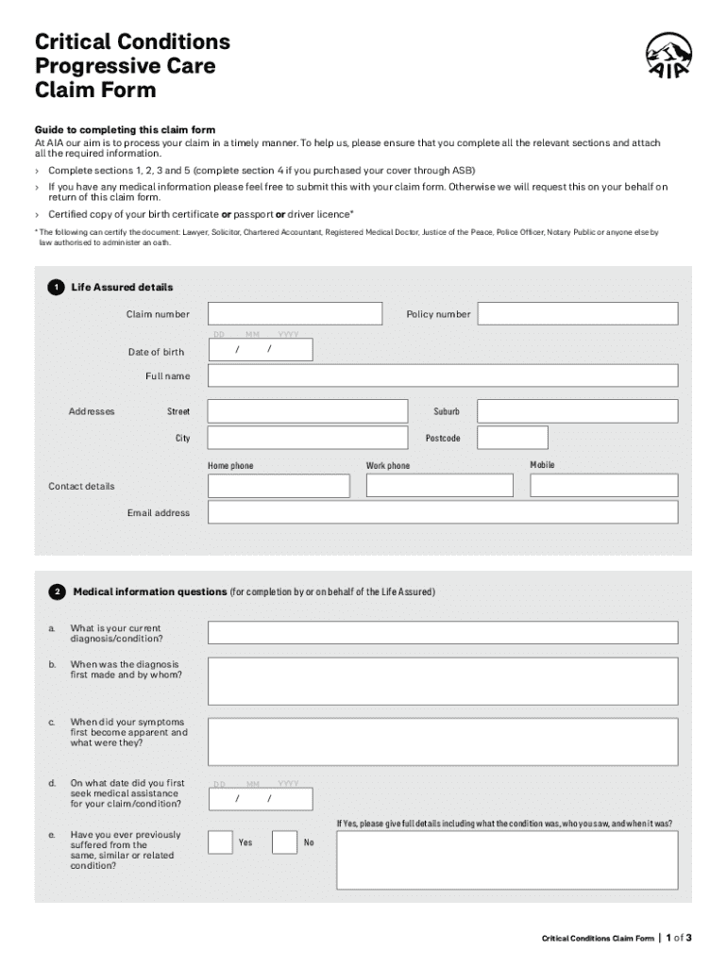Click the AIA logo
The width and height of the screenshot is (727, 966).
coord(667,58)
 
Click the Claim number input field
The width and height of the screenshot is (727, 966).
coord(295,314)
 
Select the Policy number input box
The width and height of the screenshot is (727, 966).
coord(577,314)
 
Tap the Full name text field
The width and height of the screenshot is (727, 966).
coord(442,375)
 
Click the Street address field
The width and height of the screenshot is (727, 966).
coord(309,411)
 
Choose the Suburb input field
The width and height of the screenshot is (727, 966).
coord(577,411)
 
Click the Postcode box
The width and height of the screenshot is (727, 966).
coord(512,438)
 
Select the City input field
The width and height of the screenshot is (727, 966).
coord(309,438)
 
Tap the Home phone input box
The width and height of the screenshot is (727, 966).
coord(279,486)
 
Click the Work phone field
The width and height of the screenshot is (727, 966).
coord(439,486)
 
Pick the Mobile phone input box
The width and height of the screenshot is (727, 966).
coord(603,486)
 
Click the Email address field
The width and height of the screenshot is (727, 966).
coord(442,512)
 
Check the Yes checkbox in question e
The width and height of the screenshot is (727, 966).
coord(220,842)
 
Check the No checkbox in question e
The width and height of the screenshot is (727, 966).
coord(284,842)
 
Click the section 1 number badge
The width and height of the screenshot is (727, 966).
coord(58,288)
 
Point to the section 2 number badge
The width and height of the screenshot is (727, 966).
coord(58,592)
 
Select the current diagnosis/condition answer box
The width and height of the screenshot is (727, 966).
coord(442,632)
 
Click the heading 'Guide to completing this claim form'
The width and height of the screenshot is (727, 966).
coord(125,130)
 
